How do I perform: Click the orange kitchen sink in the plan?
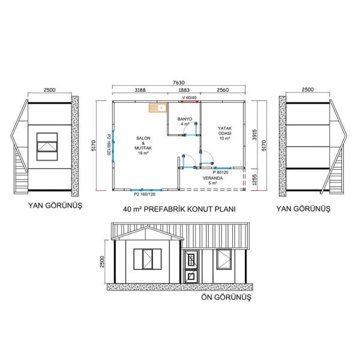158,109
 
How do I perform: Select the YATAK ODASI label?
224,133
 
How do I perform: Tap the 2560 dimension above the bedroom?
223,91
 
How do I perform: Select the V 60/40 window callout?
191,97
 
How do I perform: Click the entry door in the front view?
190,267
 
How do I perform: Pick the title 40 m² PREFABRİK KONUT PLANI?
178,209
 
